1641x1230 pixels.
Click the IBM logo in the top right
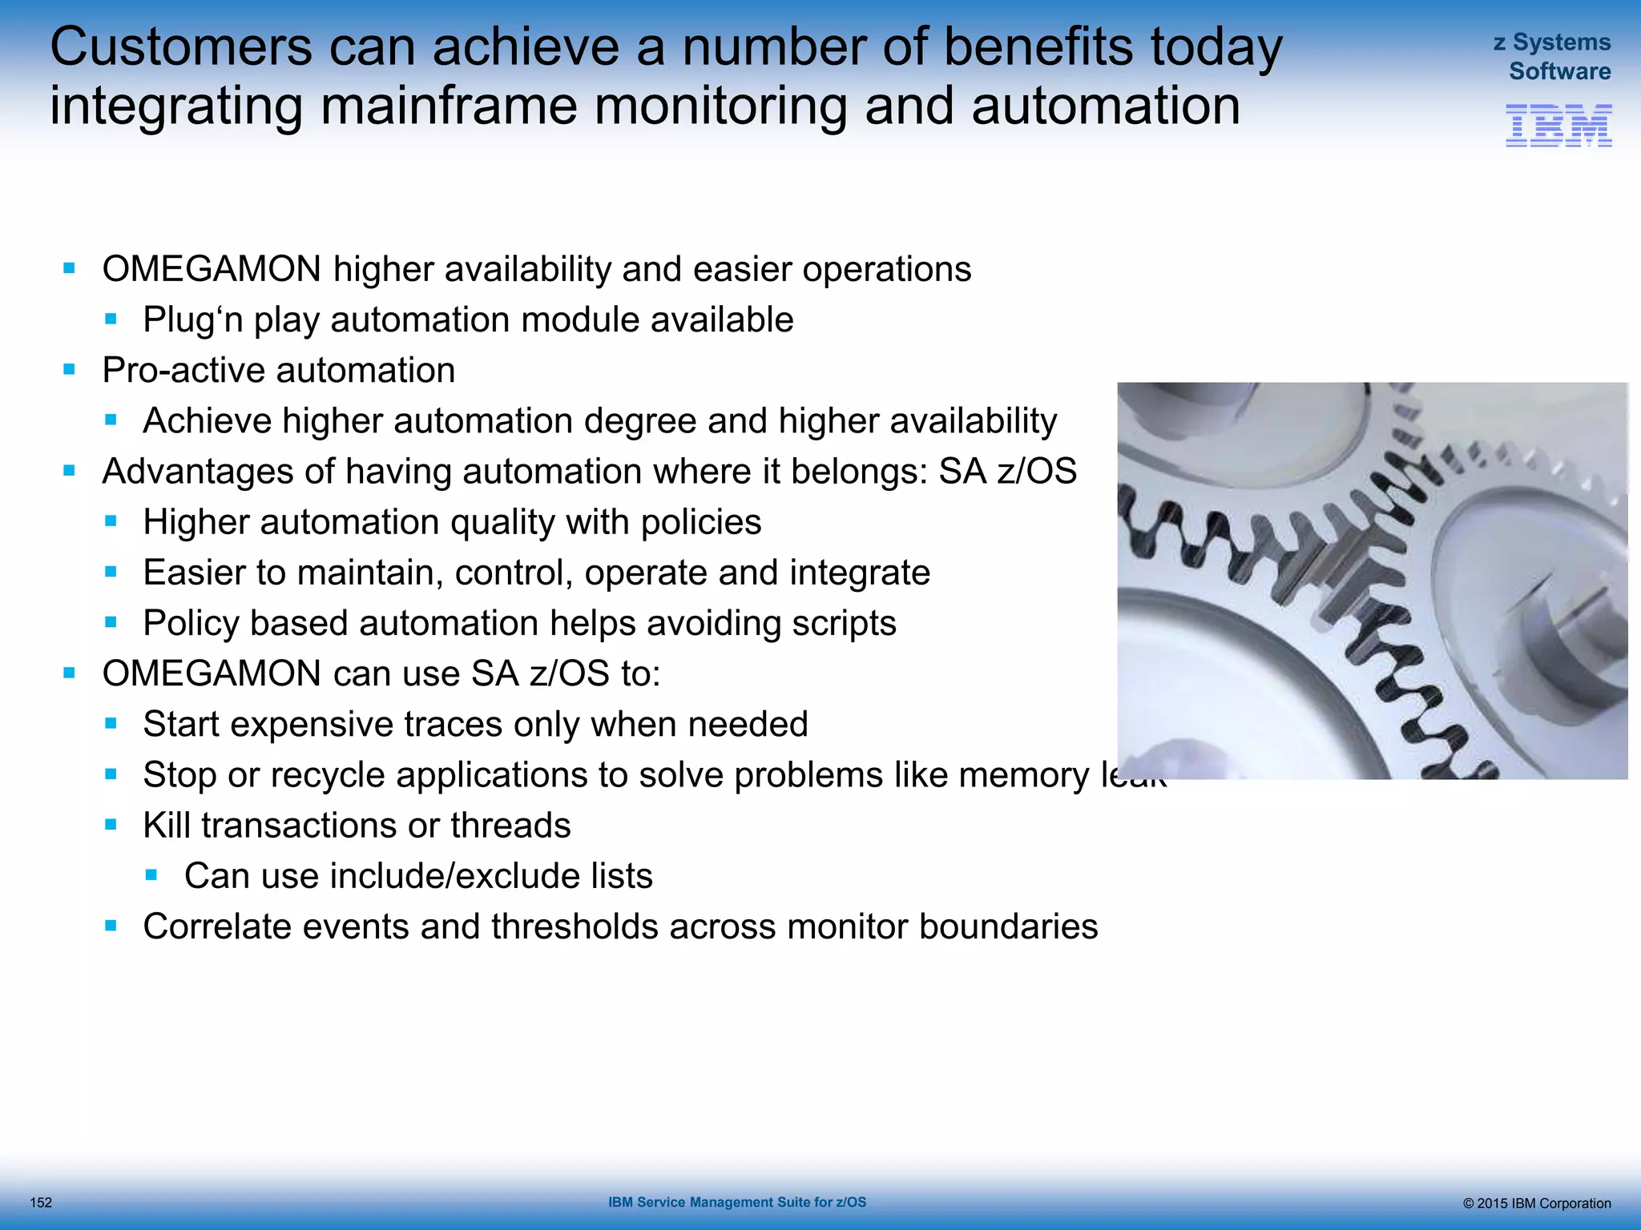point(1558,126)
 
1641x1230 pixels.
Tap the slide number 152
point(41,1202)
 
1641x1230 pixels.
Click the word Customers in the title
point(181,47)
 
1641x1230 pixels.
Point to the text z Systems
point(1551,42)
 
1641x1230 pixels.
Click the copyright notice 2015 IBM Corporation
point(1536,1203)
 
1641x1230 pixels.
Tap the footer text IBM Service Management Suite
point(736,1202)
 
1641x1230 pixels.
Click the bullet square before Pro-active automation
point(70,370)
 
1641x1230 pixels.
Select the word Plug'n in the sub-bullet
point(192,320)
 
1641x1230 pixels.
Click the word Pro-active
point(183,371)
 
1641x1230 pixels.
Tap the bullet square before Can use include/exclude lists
point(151,876)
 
